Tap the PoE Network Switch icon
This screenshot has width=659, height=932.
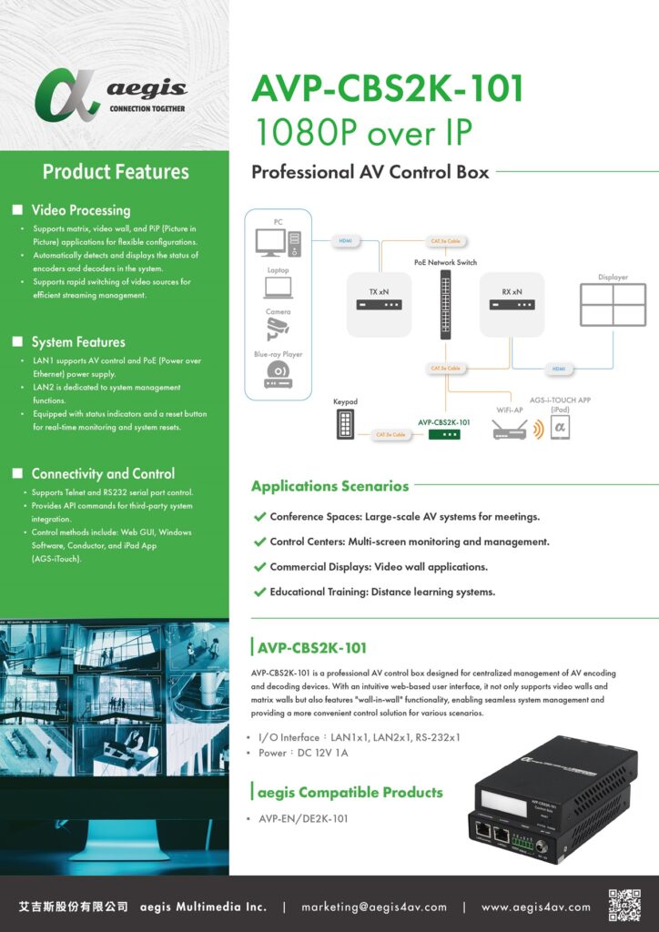click(x=445, y=304)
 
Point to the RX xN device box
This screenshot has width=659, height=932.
click(x=512, y=304)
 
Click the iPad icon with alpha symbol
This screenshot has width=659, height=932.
click(x=560, y=429)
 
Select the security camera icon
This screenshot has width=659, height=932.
click(x=279, y=329)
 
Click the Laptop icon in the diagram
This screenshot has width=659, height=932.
click(x=279, y=288)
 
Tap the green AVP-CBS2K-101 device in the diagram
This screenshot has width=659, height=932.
click(x=444, y=434)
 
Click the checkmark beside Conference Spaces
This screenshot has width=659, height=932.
click(x=259, y=517)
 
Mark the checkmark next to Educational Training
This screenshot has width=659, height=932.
click(x=259, y=593)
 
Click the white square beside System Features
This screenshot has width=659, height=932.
click(x=17, y=342)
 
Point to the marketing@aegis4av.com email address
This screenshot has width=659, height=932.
click(x=374, y=907)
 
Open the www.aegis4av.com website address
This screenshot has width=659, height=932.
click(x=535, y=907)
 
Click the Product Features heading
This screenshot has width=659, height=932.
click(x=116, y=171)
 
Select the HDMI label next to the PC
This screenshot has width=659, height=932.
click(x=345, y=241)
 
